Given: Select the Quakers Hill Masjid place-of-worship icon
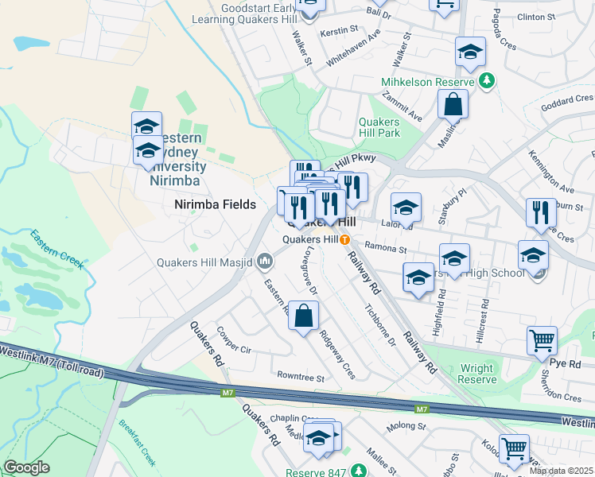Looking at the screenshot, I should click(x=265, y=261).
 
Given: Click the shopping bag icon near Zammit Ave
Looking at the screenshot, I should click(x=453, y=104).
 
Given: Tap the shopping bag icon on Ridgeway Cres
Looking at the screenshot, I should click(x=303, y=316).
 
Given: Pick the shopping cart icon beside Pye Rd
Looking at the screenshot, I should click(x=542, y=340).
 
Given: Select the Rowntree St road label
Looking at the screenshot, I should click(x=300, y=376).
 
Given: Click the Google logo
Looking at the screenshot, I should click(x=27, y=467).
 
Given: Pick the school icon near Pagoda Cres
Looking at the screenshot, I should click(x=470, y=52).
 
